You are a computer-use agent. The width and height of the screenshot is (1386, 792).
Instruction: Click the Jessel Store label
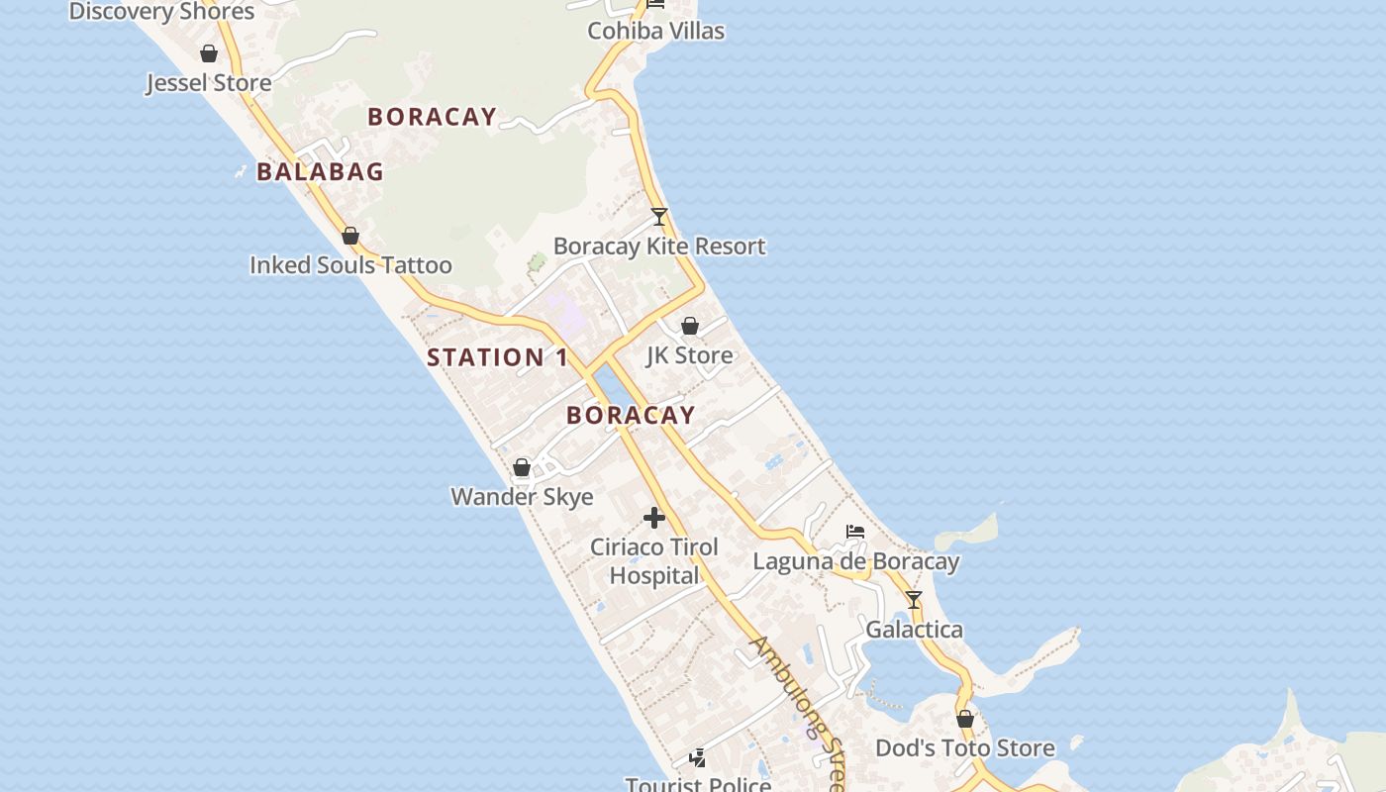pyautogui.click(x=209, y=83)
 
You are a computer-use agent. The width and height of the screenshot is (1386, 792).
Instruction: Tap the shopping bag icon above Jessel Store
pyautogui.click(x=209, y=53)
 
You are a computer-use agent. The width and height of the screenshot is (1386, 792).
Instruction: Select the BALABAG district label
pyautogui.click(x=320, y=171)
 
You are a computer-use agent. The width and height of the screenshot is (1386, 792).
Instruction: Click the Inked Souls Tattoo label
pyautogui.click(x=350, y=265)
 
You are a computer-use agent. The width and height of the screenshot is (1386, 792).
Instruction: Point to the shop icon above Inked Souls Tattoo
pyautogui.click(x=349, y=236)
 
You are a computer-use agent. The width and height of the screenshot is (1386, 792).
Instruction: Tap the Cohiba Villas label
pyautogui.click(x=655, y=31)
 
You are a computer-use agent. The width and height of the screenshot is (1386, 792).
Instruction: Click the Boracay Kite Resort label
pyautogui.click(x=659, y=247)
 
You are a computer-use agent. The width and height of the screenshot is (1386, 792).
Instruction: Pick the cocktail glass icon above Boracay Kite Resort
pyautogui.click(x=659, y=217)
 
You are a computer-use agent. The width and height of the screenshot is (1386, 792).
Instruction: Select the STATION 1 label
pyautogui.click(x=498, y=357)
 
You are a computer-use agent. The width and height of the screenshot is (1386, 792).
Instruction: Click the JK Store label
pyautogui.click(x=690, y=355)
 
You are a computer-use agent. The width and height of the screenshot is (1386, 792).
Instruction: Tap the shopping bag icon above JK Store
pyautogui.click(x=690, y=326)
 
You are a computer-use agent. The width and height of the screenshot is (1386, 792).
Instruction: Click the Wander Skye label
pyautogui.click(x=522, y=497)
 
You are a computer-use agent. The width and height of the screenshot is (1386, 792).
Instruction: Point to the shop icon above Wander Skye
pyautogui.click(x=522, y=467)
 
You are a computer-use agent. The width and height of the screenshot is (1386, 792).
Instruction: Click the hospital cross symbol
pyautogui.click(x=653, y=518)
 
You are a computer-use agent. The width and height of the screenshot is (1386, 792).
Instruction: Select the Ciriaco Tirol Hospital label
pyautogui.click(x=653, y=561)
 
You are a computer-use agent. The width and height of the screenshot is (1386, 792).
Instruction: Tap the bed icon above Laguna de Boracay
pyautogui.click(x=855, y=532)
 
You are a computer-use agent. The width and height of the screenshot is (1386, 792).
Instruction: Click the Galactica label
pyautogui.click(x=914, y=630)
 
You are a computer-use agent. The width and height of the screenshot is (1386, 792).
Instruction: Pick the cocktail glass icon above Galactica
pyautogui.click(x=914, y=600)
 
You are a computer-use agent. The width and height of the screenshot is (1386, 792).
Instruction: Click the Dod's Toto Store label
pyautogui.click(x=965, y=748)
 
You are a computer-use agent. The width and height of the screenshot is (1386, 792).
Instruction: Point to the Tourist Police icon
pyautogui.click(x=698, y=758)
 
